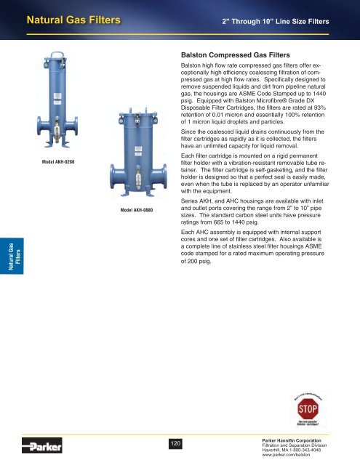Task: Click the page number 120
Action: (x=175, y=443)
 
